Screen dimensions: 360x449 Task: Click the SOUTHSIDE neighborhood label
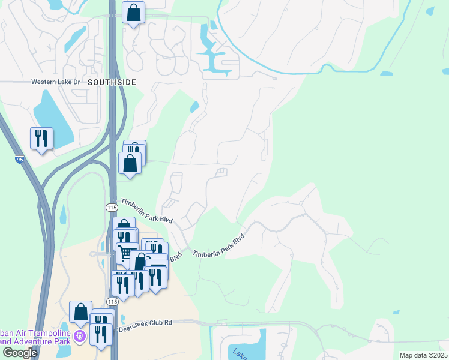point(112,82)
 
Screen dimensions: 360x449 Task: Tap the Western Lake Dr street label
point(56,82)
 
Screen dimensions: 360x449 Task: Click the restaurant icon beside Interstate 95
point(41,139)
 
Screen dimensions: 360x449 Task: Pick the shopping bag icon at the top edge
point(133,13)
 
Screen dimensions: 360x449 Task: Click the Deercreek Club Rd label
point(145,322)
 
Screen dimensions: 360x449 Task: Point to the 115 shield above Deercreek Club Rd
point(112,301)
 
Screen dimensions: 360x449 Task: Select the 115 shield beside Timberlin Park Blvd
point(112,207)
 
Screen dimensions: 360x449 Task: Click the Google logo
point(20,353)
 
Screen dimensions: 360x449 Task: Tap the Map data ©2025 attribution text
point(423,355)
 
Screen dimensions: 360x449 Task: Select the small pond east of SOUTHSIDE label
point(194,107)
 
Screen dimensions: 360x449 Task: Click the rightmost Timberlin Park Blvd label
point(219,246)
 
